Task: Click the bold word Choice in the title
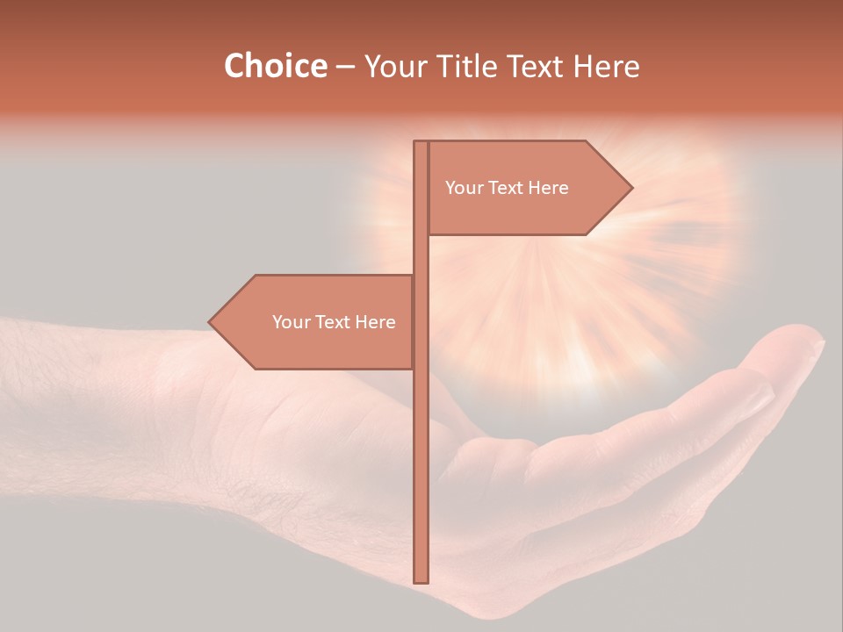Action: tap(275, 66)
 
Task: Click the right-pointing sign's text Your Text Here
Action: tap(507, 188)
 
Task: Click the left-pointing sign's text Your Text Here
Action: tap(334, 322)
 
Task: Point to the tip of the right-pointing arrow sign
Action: tap(630, 187)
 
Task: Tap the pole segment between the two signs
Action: tap(421, 255)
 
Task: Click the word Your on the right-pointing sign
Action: tap(465, 188)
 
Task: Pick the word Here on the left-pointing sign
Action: tap(375, 322)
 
